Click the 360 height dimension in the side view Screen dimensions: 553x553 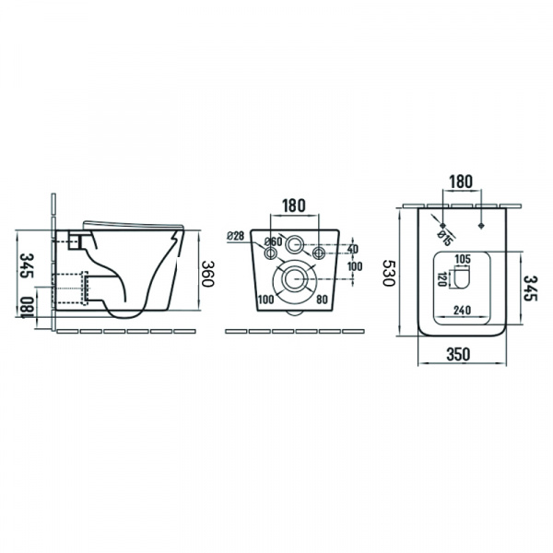tap(207, 274)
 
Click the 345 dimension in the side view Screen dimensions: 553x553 tap(26, 265)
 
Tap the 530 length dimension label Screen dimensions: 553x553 tap(390, 273)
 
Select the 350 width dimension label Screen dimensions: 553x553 tap(458, 355)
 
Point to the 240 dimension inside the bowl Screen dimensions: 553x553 tap(462, 310)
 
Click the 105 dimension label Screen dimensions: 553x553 tap(463, 259)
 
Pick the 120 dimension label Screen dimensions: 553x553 tap(441, 279)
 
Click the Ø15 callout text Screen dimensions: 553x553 tap(445, 238)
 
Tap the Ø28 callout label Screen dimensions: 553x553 tap(236, 236)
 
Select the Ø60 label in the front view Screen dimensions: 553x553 tap(274, 241)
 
